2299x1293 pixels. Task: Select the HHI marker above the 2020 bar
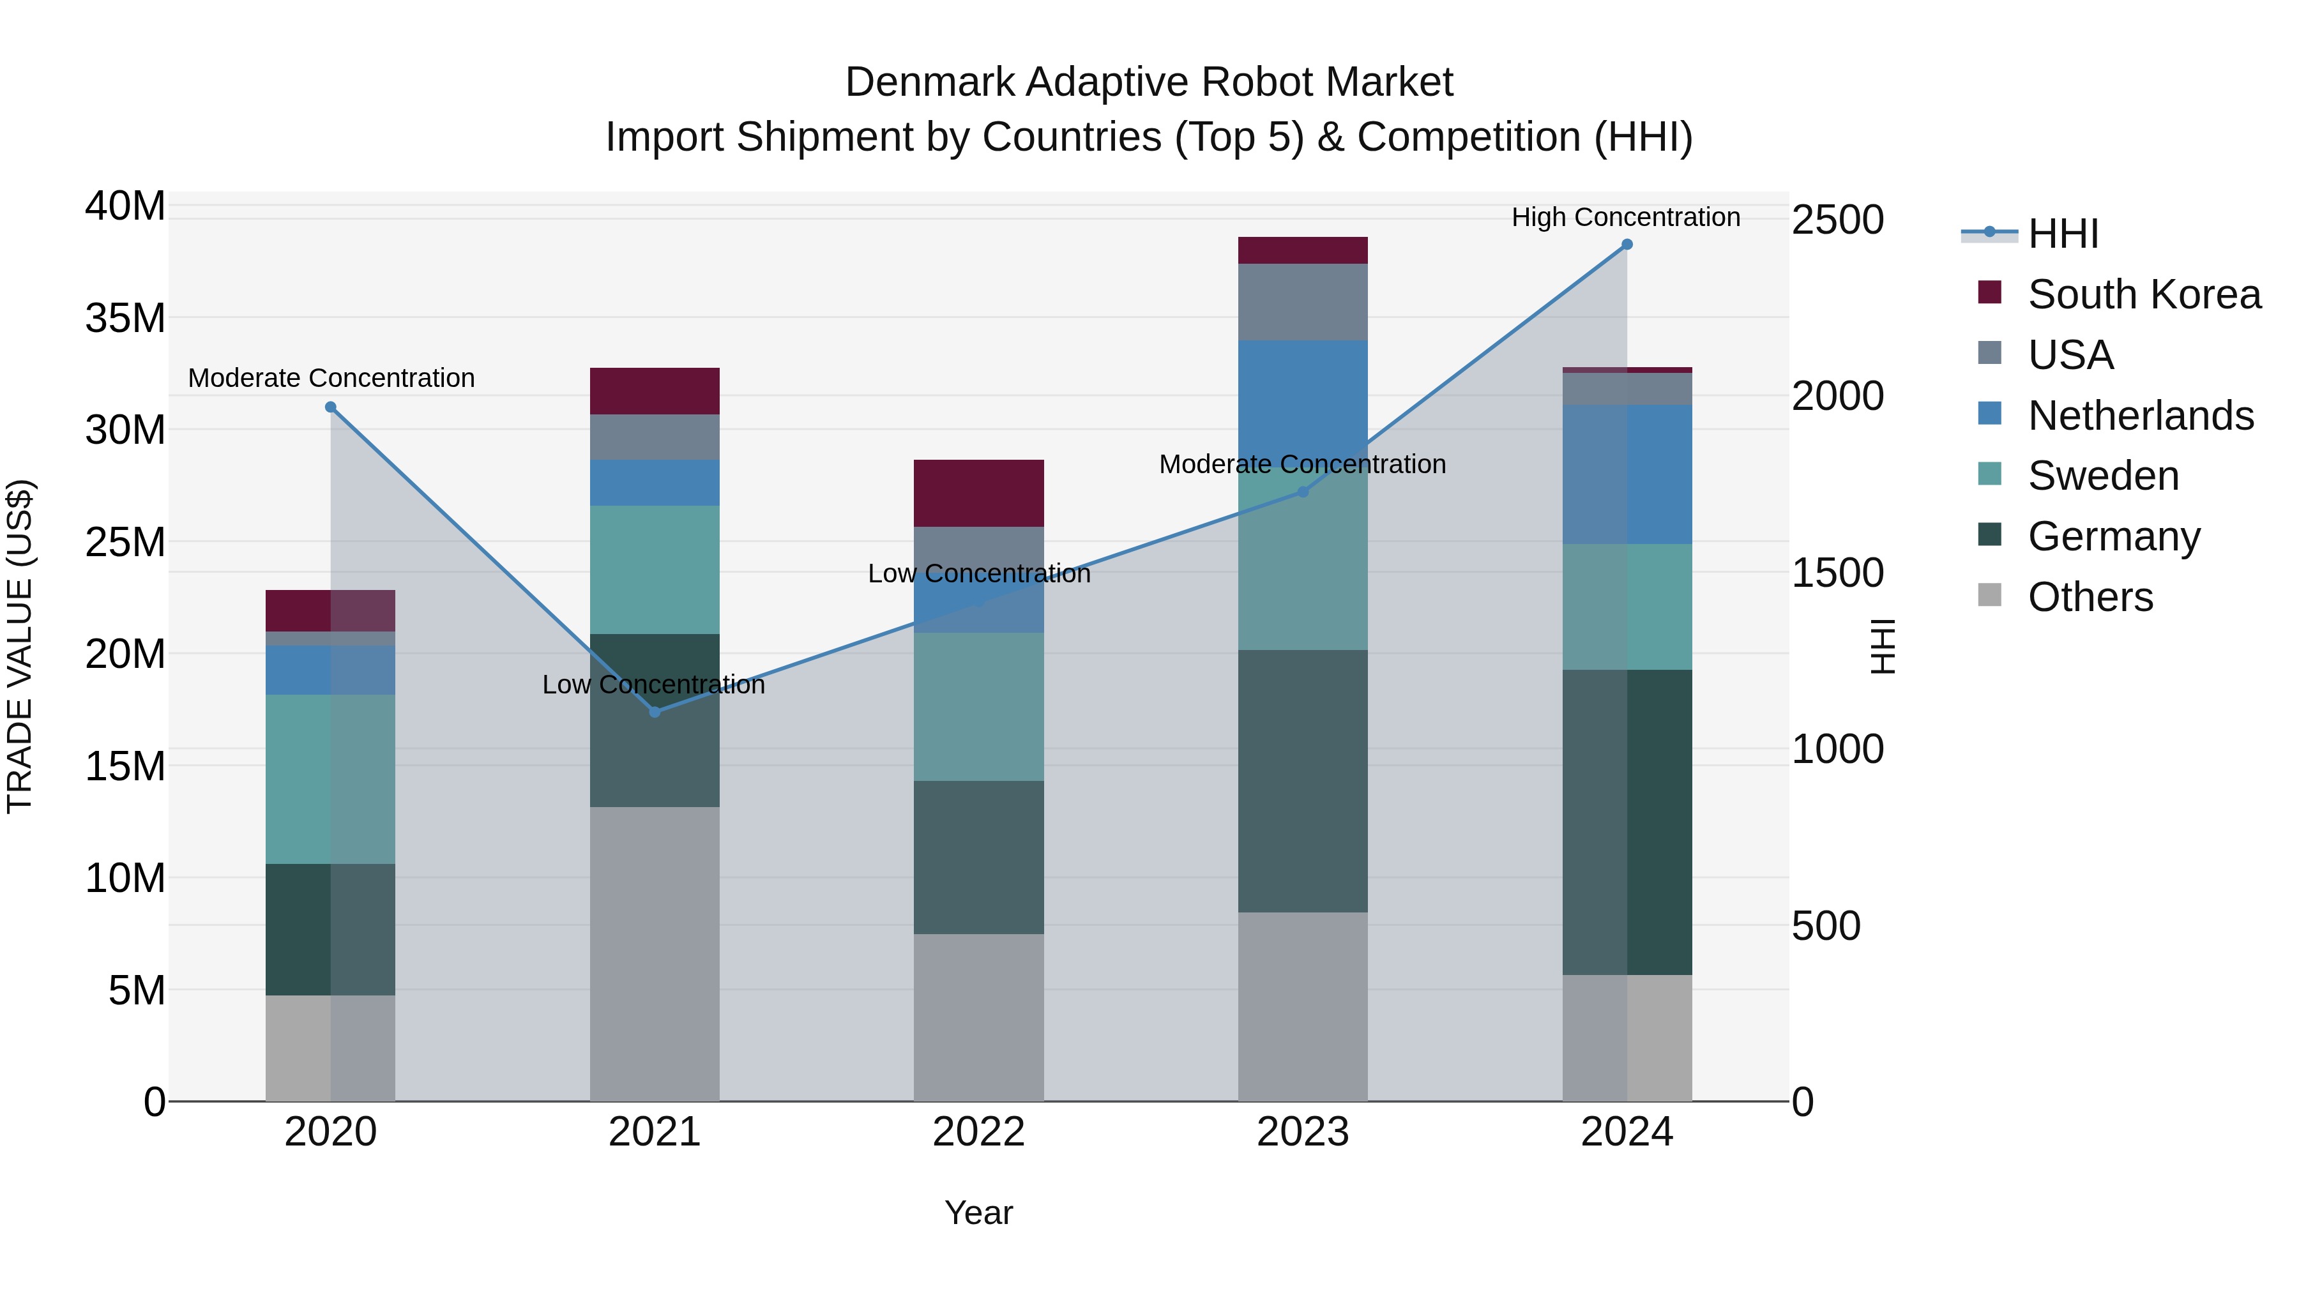[330, 407]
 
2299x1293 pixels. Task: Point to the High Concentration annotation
[1625, 217]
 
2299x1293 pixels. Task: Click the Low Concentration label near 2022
[979, 574]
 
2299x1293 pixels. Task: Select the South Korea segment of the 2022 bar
[978, 494]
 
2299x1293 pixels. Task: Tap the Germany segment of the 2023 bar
[1302, 781]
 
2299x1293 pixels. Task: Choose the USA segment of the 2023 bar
[1302, 301]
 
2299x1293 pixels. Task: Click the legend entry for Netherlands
[2140, 416]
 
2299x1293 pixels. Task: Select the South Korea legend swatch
[1989, 292]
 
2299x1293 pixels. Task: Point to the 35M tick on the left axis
[125, 319]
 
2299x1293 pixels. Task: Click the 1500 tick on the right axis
[1837, 573]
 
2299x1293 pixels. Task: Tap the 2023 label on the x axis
[1302, 1132]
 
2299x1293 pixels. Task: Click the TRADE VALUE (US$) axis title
[20, 646]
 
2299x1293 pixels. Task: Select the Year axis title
[978, 1213]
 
